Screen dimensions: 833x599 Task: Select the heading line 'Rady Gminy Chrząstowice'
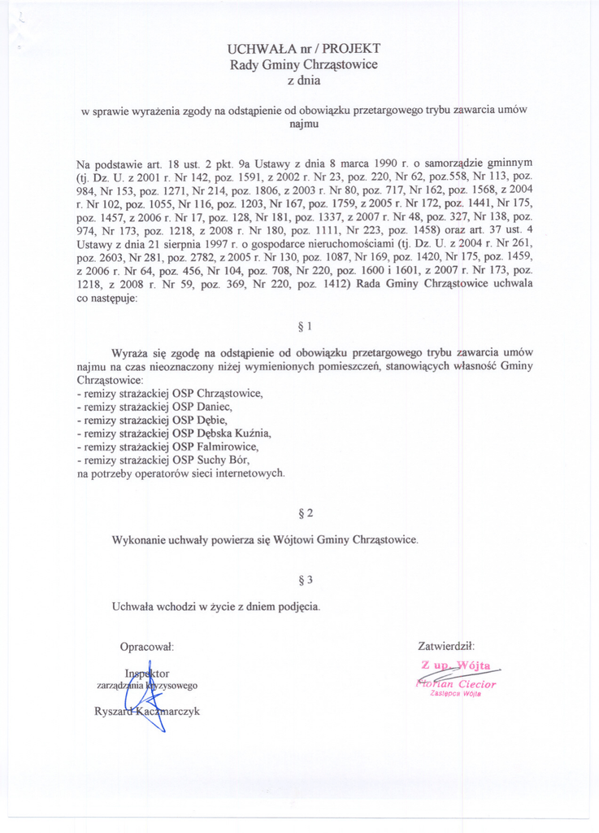[x=305, y=64]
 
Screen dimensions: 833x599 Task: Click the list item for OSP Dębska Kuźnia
[x=173, y=433]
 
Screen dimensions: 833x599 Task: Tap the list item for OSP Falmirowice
[x=167, y=446]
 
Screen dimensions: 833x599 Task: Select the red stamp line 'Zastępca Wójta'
[x=455, y=694]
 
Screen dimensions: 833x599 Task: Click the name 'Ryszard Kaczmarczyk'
[x=147, y=712]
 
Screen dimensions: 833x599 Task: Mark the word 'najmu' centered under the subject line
[x=305, y=124]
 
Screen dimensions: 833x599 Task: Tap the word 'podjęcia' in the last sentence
[x=297, y=606]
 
